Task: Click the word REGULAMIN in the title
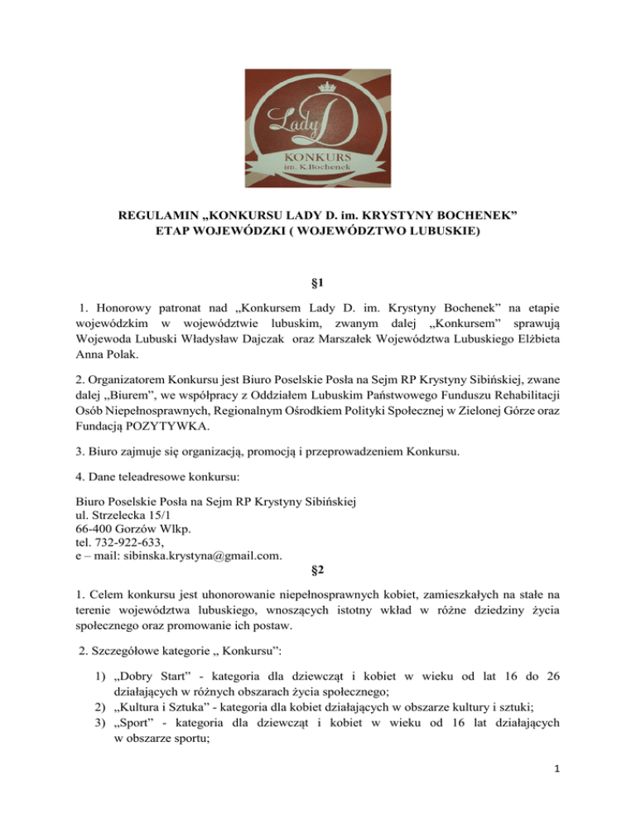tap(157, 216)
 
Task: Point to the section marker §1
tap(317, 282)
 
